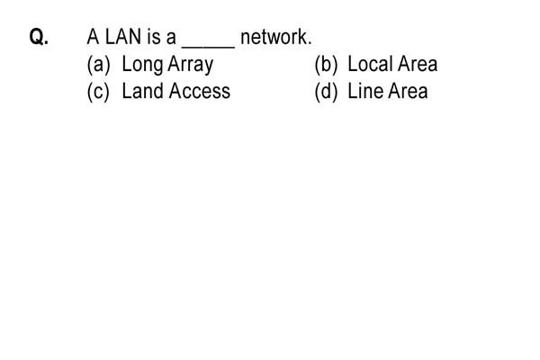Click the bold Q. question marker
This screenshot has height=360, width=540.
tap(39, 37)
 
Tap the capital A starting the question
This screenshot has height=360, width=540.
tap(93, 37)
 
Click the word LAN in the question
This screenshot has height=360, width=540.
tap(123, 37)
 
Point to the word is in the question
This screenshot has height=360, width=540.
tap(153, 37)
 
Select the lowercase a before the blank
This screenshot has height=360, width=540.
tap(171, 39)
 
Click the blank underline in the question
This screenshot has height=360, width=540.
tap(209, 47)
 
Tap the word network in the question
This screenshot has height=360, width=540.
tap(274, 37)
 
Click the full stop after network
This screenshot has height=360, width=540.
tap(310, 43)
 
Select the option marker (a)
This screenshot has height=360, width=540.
tap(98, 65)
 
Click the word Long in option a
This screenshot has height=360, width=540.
tap(142, 66)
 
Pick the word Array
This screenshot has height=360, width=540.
tap(191, 66)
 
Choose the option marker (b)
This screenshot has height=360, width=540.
tap(326, 65)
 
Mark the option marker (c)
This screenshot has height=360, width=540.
tap(98, 92)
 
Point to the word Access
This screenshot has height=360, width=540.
tap(200, 91)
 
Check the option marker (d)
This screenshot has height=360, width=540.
tap(326, 92)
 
